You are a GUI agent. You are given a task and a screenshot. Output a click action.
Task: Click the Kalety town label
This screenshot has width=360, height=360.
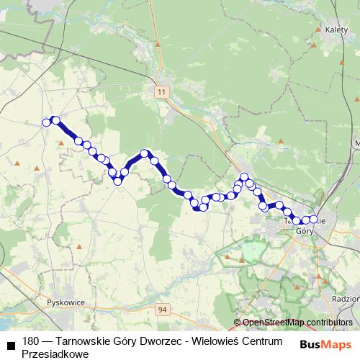coord(336,31)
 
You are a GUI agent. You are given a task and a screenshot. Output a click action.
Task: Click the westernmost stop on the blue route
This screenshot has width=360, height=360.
coord(47,122)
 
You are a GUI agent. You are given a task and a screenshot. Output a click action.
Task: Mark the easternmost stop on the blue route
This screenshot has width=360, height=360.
coord(314,219)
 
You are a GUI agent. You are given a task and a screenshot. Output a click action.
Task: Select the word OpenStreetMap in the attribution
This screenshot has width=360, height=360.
coord(273,323)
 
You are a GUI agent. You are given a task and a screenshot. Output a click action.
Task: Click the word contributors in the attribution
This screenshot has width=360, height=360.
coord(329,323)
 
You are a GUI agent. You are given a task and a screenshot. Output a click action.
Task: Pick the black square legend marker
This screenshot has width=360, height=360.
coord(11,344)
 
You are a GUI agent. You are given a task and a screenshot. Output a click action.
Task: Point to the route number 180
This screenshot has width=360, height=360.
coord(31,340)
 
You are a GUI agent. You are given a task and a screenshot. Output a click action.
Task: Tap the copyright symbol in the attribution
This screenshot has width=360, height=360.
coord(238,323)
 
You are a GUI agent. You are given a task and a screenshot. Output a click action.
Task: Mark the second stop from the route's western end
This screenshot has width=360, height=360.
coord(55,120)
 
